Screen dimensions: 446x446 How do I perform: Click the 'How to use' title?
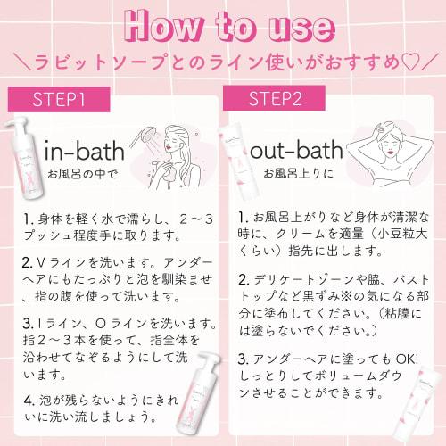tap(223, 27)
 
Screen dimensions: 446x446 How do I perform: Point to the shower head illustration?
tap(143, 138)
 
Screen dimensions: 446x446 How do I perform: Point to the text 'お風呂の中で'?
tap(80, 173)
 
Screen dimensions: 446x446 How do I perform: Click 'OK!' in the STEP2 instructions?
tap(398, 359)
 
